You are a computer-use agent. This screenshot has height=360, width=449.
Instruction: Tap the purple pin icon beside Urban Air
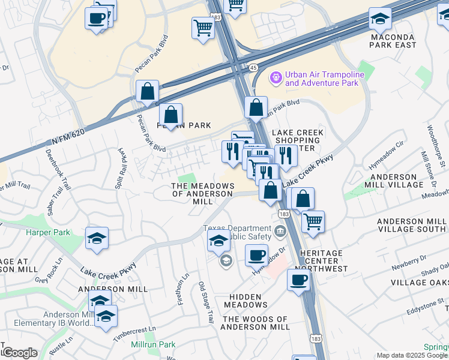pyautogui.click(x=276, y=77)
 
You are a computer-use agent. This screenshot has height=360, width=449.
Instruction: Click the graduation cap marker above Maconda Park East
pyautogui.click(x=380, y=20)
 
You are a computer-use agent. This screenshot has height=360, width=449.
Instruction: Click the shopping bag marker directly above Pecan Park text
pyautogui.click(x=171, y=114)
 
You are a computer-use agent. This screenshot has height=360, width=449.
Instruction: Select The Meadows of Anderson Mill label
pyautogui.click(x=202, y=194)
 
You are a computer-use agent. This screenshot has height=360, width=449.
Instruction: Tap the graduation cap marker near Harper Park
pyautogui.click(x=97, y=239)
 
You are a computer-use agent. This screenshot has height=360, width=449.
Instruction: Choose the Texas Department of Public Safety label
pyautogui.click(x=237, y=232)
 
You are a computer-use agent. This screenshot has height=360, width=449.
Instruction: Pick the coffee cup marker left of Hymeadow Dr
pyautogui.click(x=256, y=254)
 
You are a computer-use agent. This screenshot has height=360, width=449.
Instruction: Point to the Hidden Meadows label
pyautogui.click(x=245, y=301)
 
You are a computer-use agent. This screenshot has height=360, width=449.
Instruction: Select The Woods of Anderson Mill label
pyautogui.click(x=255, y=323)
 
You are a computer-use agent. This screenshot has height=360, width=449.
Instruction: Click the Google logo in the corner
pyautogui.click(x=19, y=353)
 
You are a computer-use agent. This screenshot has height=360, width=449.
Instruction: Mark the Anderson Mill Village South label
pyautogui.click(x=411, y=226)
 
